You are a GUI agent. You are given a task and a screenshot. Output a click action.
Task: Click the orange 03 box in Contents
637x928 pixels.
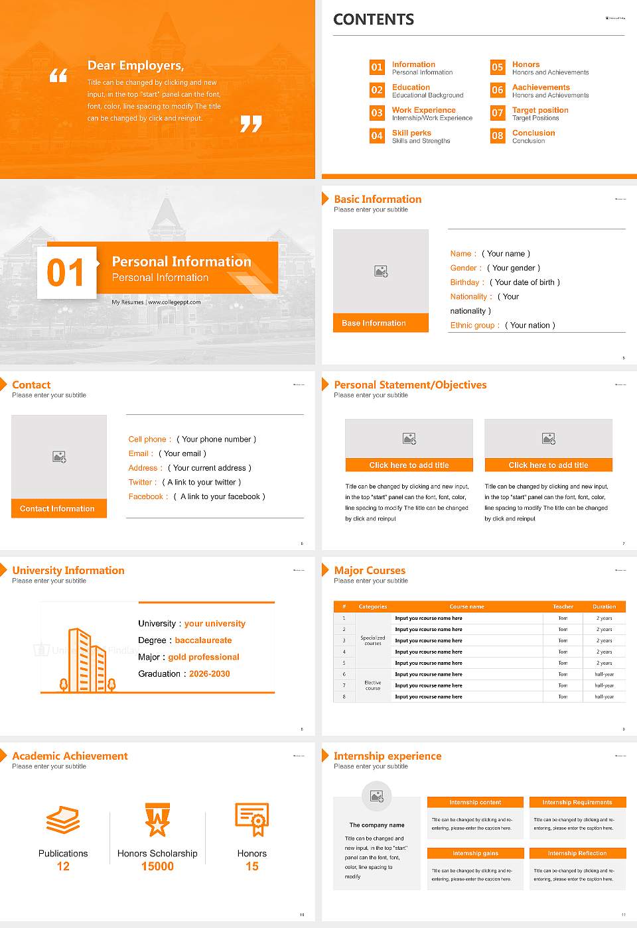click(377, 113)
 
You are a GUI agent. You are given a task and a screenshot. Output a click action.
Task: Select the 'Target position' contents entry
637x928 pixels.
click(539, 110)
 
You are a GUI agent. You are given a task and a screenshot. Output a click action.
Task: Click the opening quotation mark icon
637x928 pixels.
click(58, 76)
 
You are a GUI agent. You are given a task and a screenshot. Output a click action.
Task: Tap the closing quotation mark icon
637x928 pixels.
click(251, 123)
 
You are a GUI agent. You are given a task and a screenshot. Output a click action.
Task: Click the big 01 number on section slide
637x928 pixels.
click(66, 272)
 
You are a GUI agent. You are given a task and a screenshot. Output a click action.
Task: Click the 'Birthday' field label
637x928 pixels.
click(464, 282)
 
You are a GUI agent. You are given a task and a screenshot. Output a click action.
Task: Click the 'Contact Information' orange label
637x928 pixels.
click(58, 508)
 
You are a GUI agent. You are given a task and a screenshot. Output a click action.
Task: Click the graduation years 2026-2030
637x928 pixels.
click(209, 674)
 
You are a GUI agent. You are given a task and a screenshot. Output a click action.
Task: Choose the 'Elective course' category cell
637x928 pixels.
click(372, 685)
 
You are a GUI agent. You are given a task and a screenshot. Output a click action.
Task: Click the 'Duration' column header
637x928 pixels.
click(604, 607)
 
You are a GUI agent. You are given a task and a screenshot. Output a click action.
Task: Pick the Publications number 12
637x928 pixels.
click(63, 866)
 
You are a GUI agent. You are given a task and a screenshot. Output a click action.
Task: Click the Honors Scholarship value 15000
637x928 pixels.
click(157, 866)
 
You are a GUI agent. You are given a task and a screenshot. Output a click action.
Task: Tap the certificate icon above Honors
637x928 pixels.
click(252, 819)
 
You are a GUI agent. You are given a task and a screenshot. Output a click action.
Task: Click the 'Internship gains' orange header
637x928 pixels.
click(475, 853)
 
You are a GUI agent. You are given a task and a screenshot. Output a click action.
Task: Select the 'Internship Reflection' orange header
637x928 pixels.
click(577, 853)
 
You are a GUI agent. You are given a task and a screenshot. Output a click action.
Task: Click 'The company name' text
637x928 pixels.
click(377, 825)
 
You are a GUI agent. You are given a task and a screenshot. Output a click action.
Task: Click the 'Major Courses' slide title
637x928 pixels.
click(370, 570)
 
